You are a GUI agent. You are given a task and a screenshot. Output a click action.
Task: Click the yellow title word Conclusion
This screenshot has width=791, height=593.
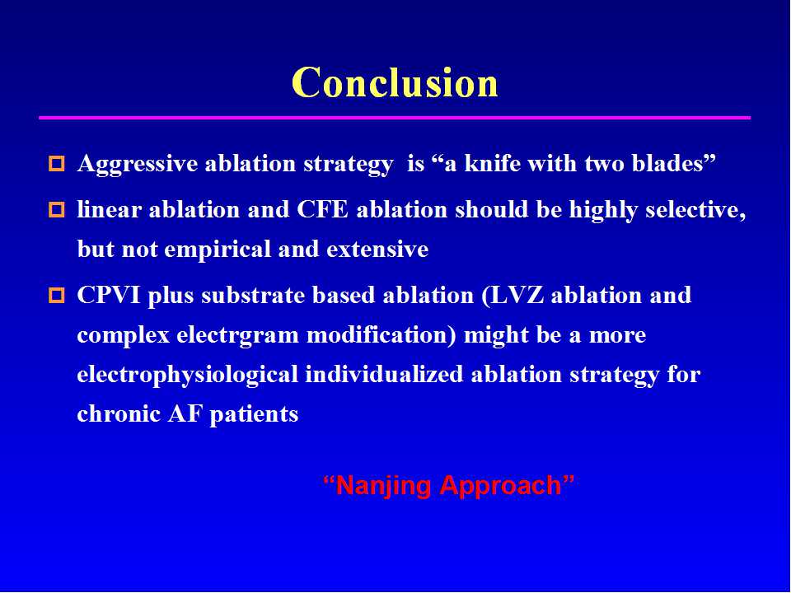tap(395, 82)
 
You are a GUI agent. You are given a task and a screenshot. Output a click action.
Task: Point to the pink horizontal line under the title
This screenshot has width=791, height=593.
tap(395, 118)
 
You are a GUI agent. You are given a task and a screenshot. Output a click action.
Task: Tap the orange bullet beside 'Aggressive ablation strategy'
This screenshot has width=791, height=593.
tap(57, 164)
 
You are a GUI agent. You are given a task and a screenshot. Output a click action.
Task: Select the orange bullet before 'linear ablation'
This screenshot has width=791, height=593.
tap(57, 210)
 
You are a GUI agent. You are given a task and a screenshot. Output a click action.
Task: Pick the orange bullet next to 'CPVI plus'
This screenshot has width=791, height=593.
tap(57, 295)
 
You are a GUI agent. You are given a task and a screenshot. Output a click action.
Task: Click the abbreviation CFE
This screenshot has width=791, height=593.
tap(322, 209)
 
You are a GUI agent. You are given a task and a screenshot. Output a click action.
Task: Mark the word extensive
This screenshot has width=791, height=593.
tap(377, 249)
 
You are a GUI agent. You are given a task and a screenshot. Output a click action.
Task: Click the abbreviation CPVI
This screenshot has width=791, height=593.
tap(109, 295)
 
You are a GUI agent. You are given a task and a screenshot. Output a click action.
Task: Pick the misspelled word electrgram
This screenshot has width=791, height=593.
tap(237, 336)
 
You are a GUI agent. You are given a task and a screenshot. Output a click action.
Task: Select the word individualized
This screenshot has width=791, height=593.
tap(384, 374)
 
